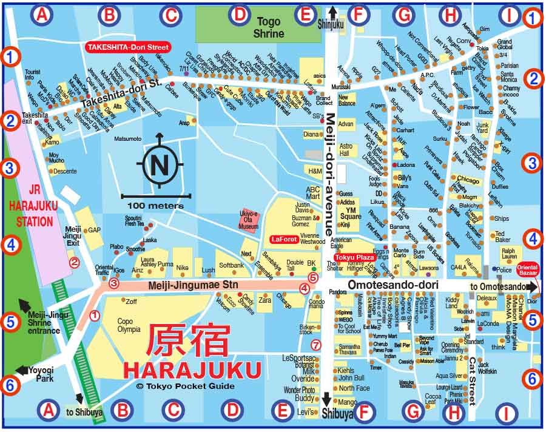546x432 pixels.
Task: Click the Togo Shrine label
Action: [x=269, y=27]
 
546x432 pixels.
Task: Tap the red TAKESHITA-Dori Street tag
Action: [x=127, y=46]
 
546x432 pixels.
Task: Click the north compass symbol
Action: [x=161, y=163]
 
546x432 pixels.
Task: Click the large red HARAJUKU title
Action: [x=192, y=370]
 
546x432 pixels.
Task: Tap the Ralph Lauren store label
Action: [x=509, y=252]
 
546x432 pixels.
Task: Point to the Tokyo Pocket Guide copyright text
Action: [x=174, y=386]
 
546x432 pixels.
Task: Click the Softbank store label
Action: [x=231, y=265]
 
